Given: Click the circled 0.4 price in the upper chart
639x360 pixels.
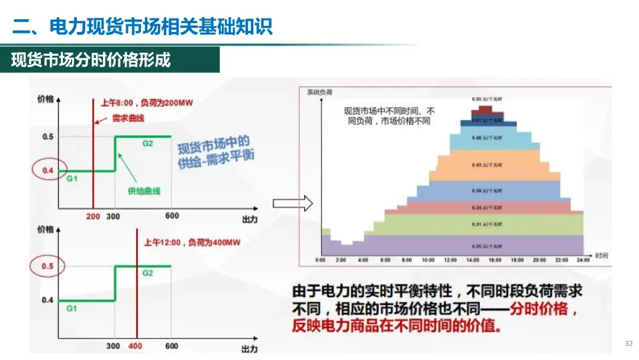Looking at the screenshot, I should click(48, 172).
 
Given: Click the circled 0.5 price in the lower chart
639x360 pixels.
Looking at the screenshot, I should click(47, 266).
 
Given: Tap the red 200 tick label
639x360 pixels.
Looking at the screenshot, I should click(93, 216).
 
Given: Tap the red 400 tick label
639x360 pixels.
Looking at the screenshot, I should click(135, 346).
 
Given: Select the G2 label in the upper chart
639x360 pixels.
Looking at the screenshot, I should click(147, 143).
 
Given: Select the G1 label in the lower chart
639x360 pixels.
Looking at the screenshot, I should click(71, 308).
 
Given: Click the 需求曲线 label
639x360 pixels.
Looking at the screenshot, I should click(128, 118).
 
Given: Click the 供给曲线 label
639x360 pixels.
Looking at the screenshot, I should click(144, 191).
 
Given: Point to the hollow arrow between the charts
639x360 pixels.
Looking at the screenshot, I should click(292, 204).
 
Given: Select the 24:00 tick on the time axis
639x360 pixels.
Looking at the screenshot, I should click(583, 260).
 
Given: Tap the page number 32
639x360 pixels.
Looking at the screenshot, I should click(628, 343).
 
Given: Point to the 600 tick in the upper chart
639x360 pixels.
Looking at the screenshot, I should click(172, 216).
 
